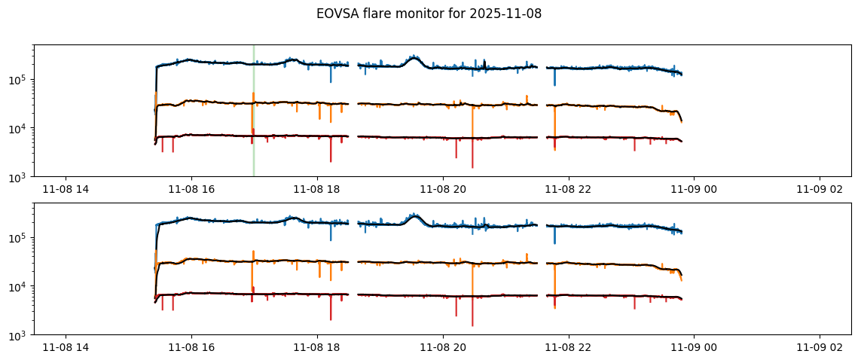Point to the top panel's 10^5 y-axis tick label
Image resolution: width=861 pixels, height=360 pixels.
(18, 80)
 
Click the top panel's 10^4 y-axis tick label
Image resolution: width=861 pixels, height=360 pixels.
(18, 129)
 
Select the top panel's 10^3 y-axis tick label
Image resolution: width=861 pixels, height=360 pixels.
(18, 177)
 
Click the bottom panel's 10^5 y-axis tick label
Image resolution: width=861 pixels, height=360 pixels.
(18, 238)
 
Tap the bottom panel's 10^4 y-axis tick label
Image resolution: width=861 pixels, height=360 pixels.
(18, 287)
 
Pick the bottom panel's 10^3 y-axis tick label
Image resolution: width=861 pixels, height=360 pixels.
(18, 335)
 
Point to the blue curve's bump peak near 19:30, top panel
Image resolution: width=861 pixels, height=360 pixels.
(414, 57)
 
